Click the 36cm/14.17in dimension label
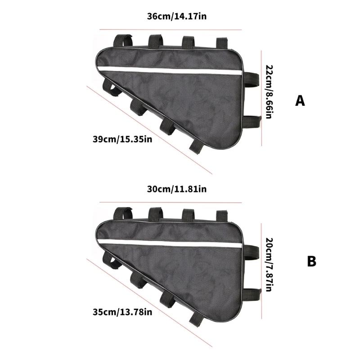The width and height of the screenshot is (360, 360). pos(176,17)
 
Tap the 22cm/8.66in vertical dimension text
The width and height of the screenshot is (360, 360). pos(269,92)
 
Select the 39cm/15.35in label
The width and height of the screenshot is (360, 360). pos(122,139)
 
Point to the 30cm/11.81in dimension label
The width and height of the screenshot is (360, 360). pos(176,189)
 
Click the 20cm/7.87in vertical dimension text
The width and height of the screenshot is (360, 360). pos(269,265)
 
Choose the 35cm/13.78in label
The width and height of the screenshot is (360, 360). pos(122,312)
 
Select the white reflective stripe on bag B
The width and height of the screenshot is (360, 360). pos(170,243)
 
